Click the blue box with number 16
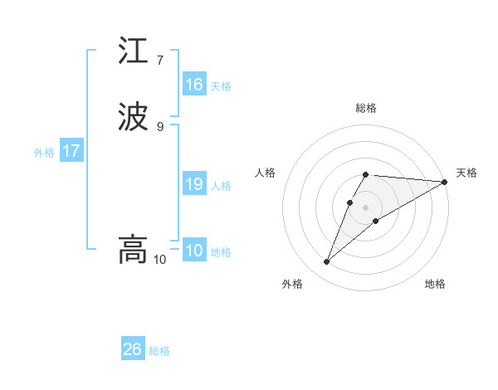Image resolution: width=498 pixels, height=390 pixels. (x=194, y=85)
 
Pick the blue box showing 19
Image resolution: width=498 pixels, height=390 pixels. (x=194, y=185)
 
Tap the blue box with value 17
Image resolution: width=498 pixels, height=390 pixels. (x=71, y=152)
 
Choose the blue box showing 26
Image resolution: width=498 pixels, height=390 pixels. (x=133, y=349)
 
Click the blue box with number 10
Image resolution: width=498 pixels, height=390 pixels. (x=194, y=251)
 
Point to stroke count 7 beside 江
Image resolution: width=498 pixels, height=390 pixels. (x=159, y=60)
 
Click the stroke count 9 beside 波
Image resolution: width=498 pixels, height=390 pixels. (x=159, y=126)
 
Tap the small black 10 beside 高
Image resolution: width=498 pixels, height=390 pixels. (x=159, y=260)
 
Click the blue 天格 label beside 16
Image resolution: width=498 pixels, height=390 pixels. (x=221, y=86)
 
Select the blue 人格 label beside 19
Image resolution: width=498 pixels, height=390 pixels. (x=221, y=186)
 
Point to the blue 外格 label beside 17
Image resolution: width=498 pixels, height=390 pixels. (x=44, y=153)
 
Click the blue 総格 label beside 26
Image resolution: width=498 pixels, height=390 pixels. (x=159, y=351)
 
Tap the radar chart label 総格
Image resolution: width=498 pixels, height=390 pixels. (x=365, y=108)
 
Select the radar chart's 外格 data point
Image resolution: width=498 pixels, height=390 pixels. (x=327, y=262)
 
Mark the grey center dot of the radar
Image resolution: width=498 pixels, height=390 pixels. (x=365, y=207)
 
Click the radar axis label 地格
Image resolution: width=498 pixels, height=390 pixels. (x=435, y=284)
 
